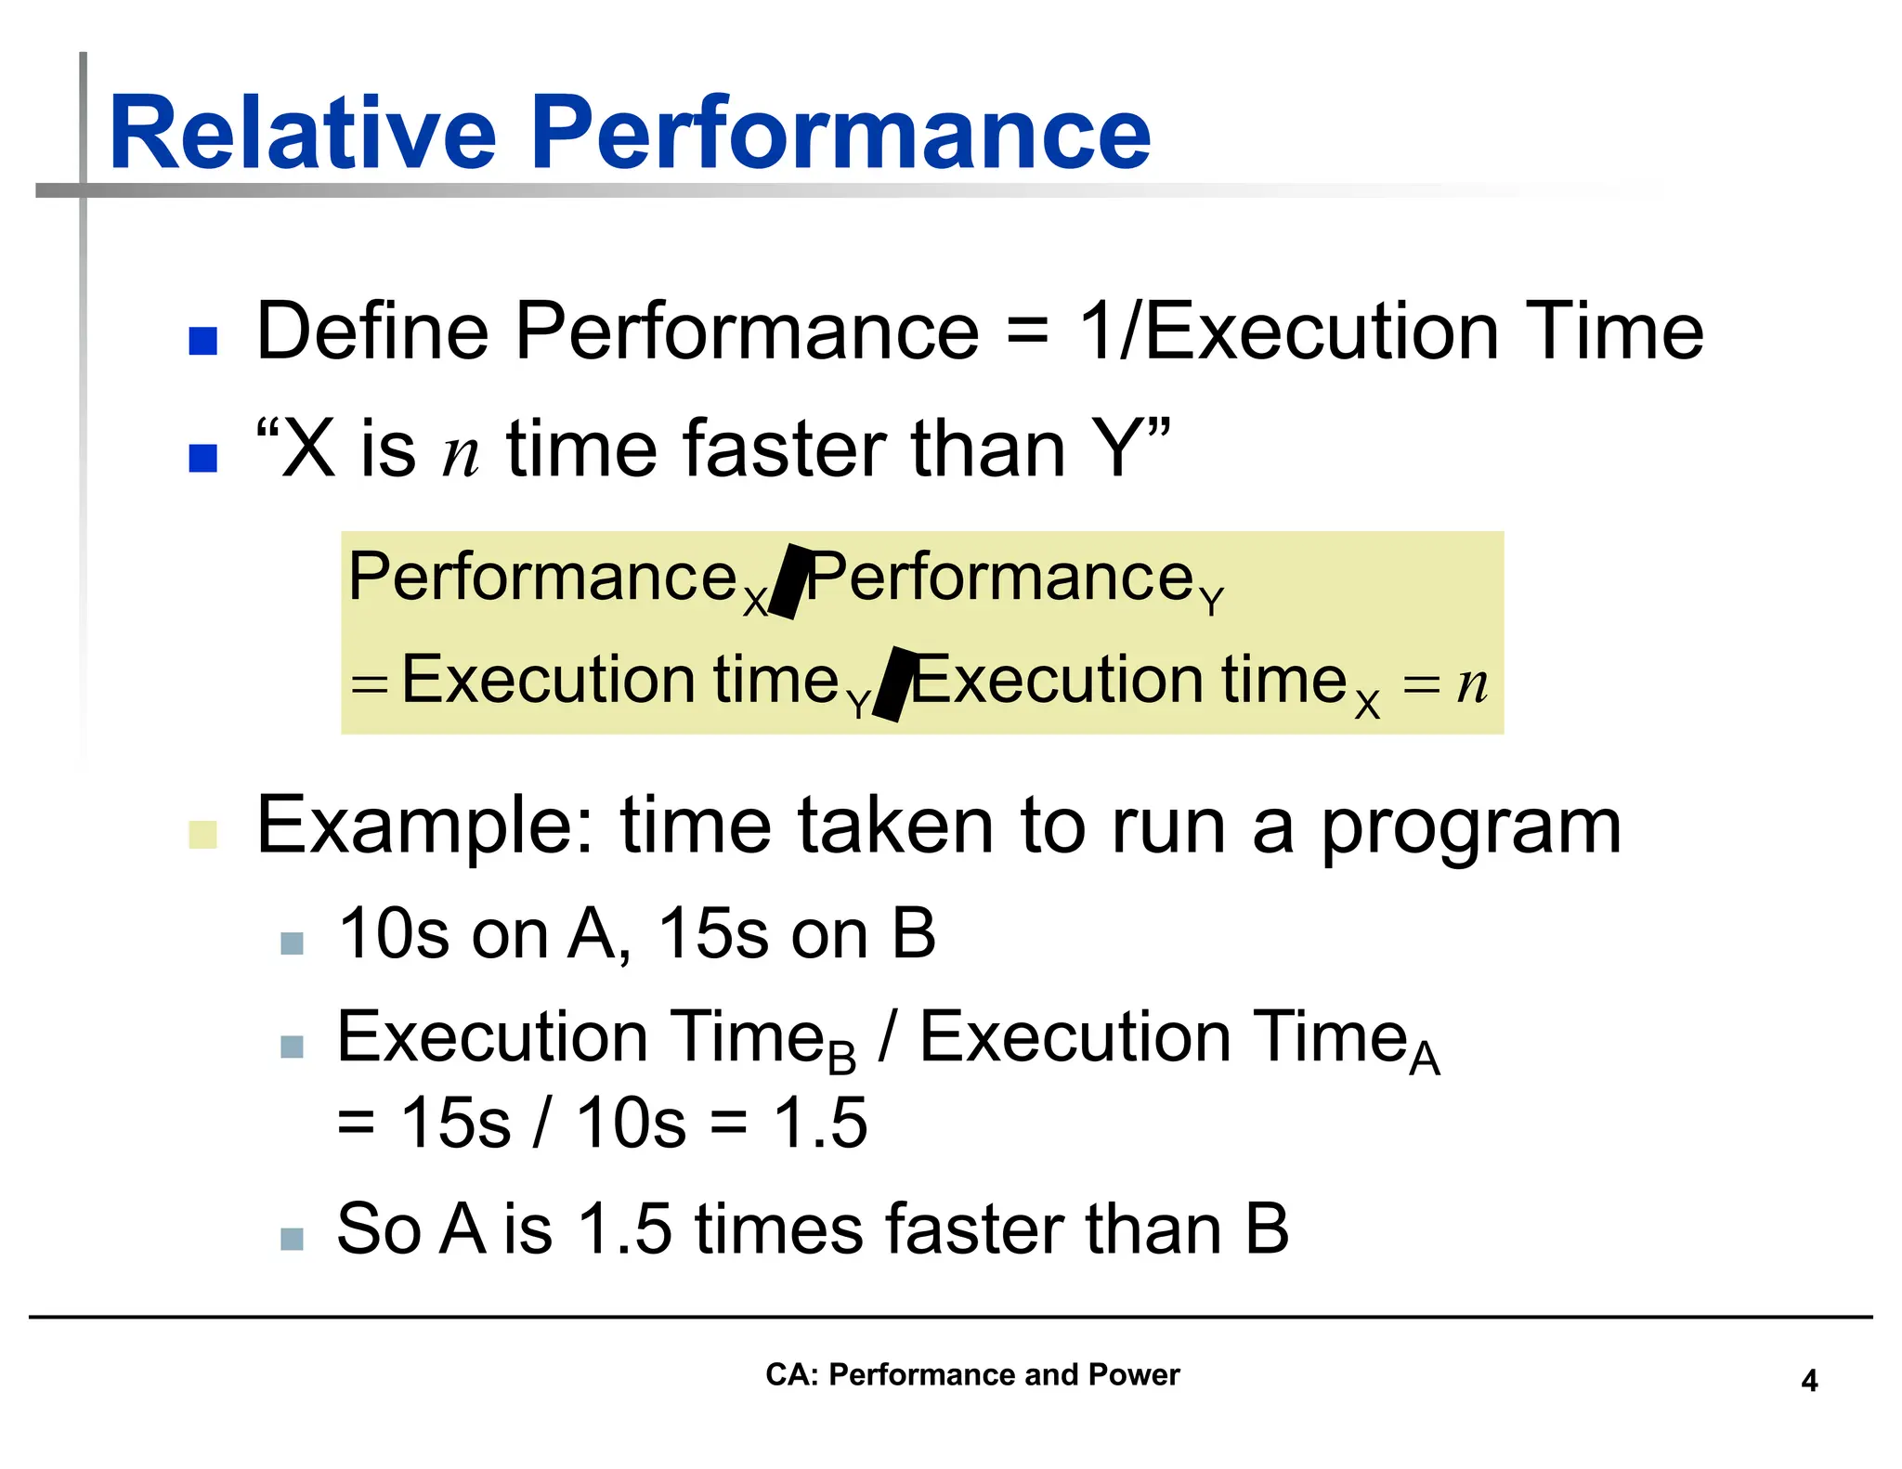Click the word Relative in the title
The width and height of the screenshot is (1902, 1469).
click(303, 135)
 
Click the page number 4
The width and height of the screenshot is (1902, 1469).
click(1809, 1381)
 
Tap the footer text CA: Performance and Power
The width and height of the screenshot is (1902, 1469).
click(971, 1374)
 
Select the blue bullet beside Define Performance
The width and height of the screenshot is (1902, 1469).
click(202, 341)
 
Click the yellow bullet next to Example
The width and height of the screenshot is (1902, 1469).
click(202, 834)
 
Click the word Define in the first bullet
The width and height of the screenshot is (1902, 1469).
click(371, 332)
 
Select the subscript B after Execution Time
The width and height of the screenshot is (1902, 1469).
click(841, 1059)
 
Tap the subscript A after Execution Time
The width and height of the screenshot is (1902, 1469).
click(1424, 1059)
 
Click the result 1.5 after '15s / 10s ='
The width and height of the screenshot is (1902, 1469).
click(821, 1124)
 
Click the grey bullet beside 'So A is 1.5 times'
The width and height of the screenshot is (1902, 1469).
click(292, 1239)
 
